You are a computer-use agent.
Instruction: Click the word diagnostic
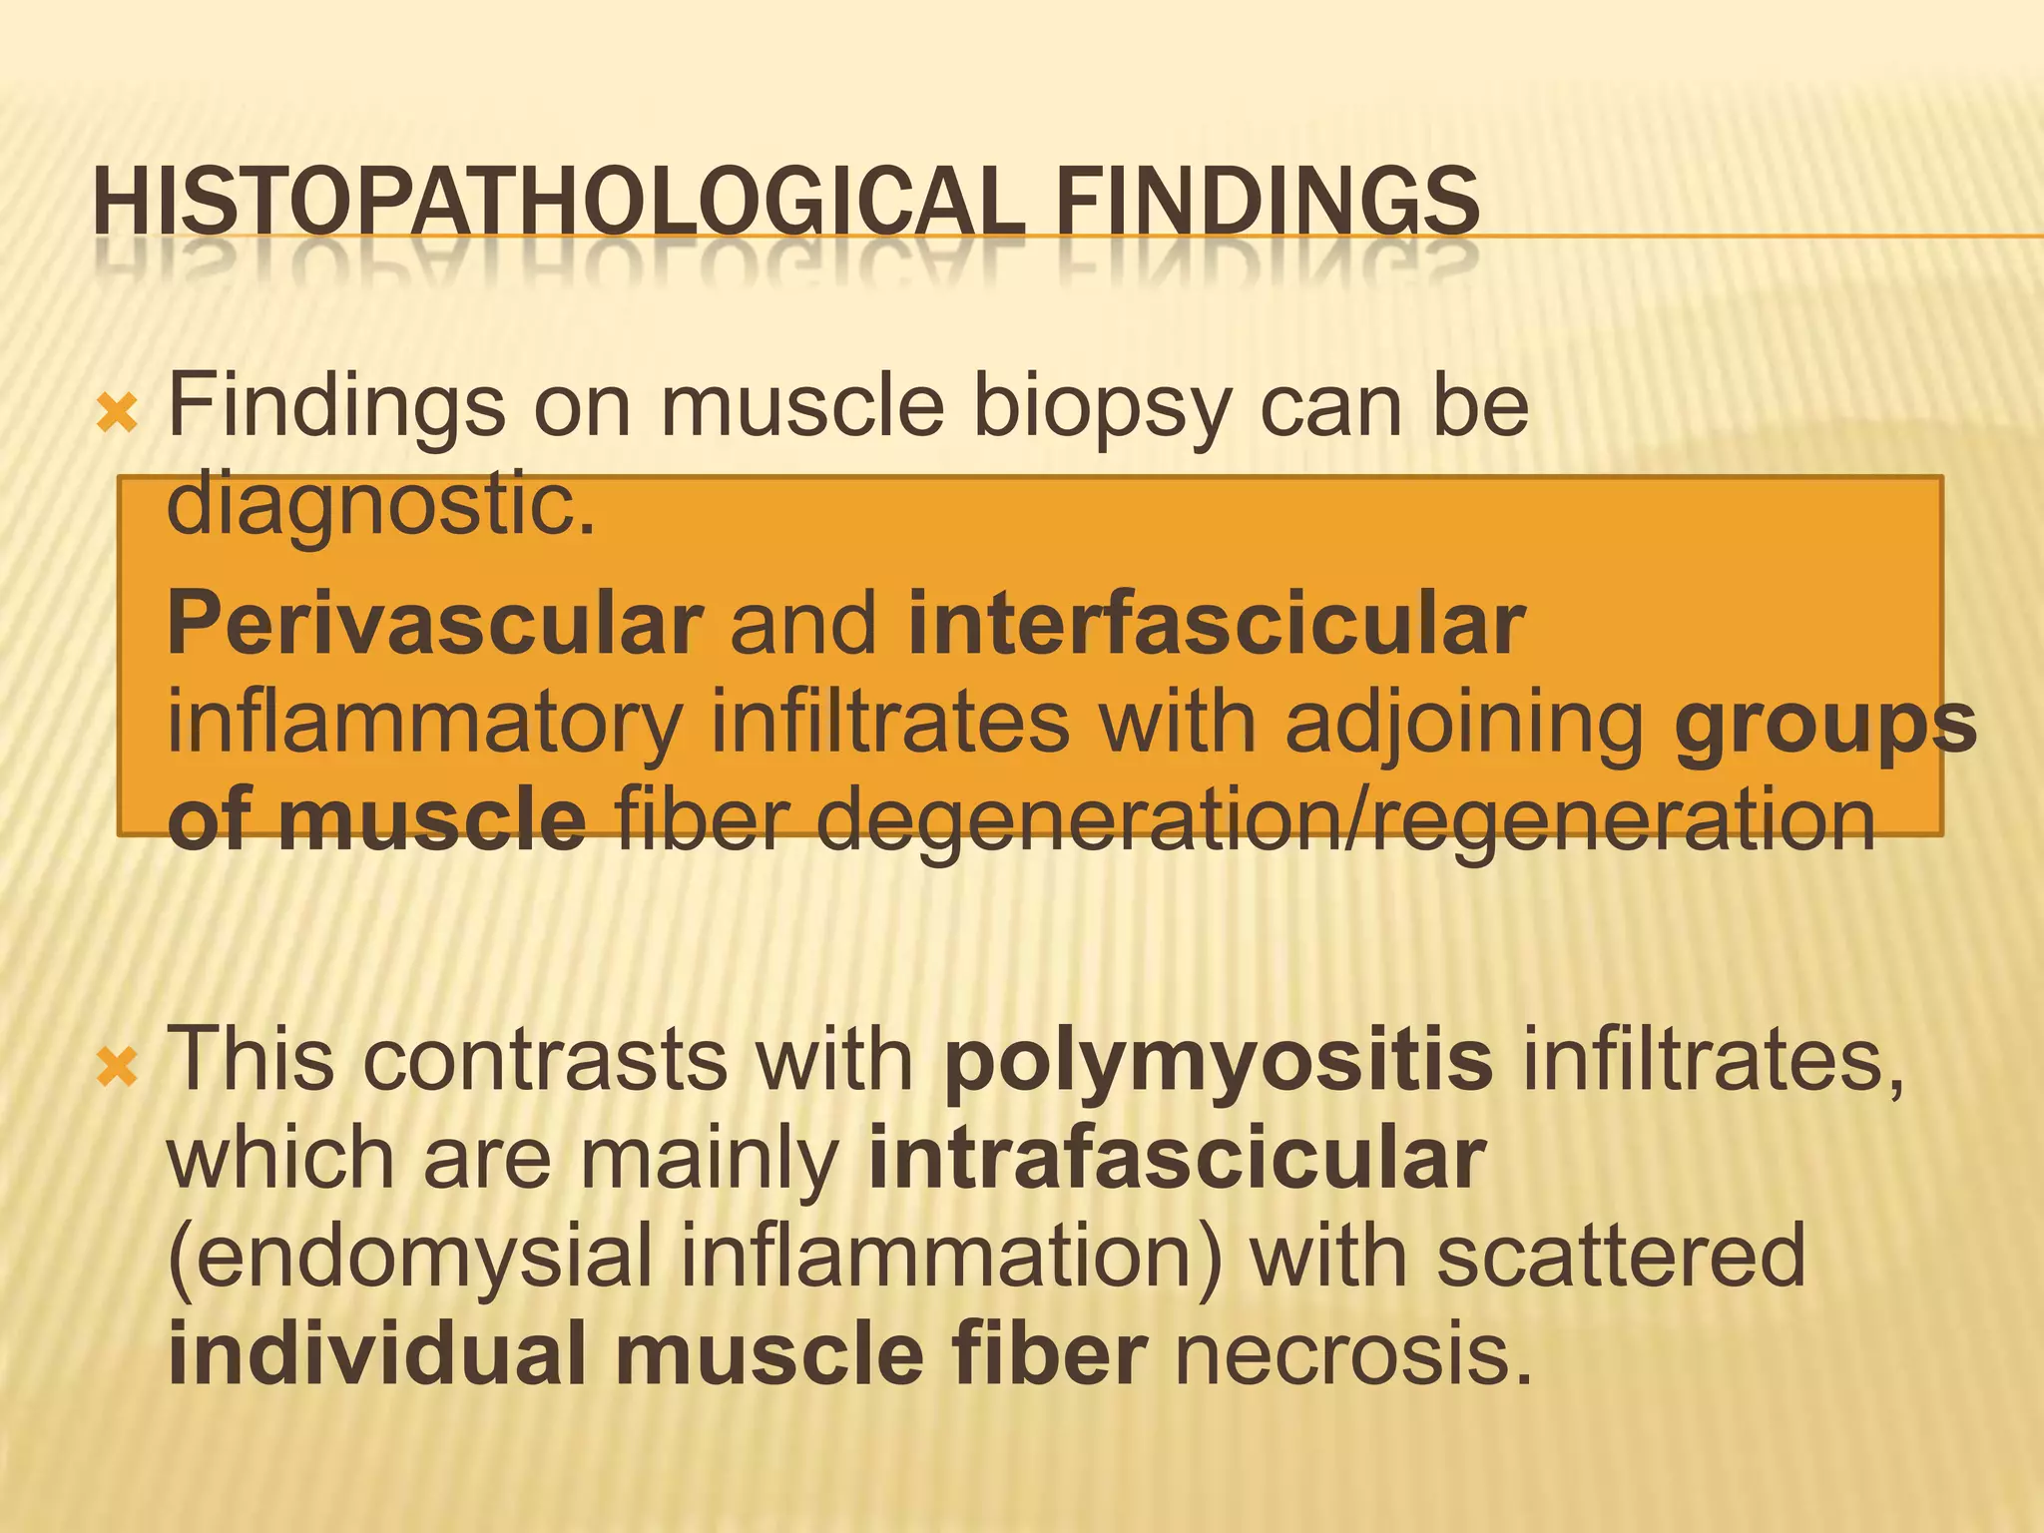380,505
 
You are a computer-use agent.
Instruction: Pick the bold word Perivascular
435,625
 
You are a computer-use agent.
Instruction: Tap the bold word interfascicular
1216,623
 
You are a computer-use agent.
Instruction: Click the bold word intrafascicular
1178,1160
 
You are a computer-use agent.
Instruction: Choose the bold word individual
378,1353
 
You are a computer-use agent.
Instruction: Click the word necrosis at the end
1352,1355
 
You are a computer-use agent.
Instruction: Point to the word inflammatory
424,725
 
